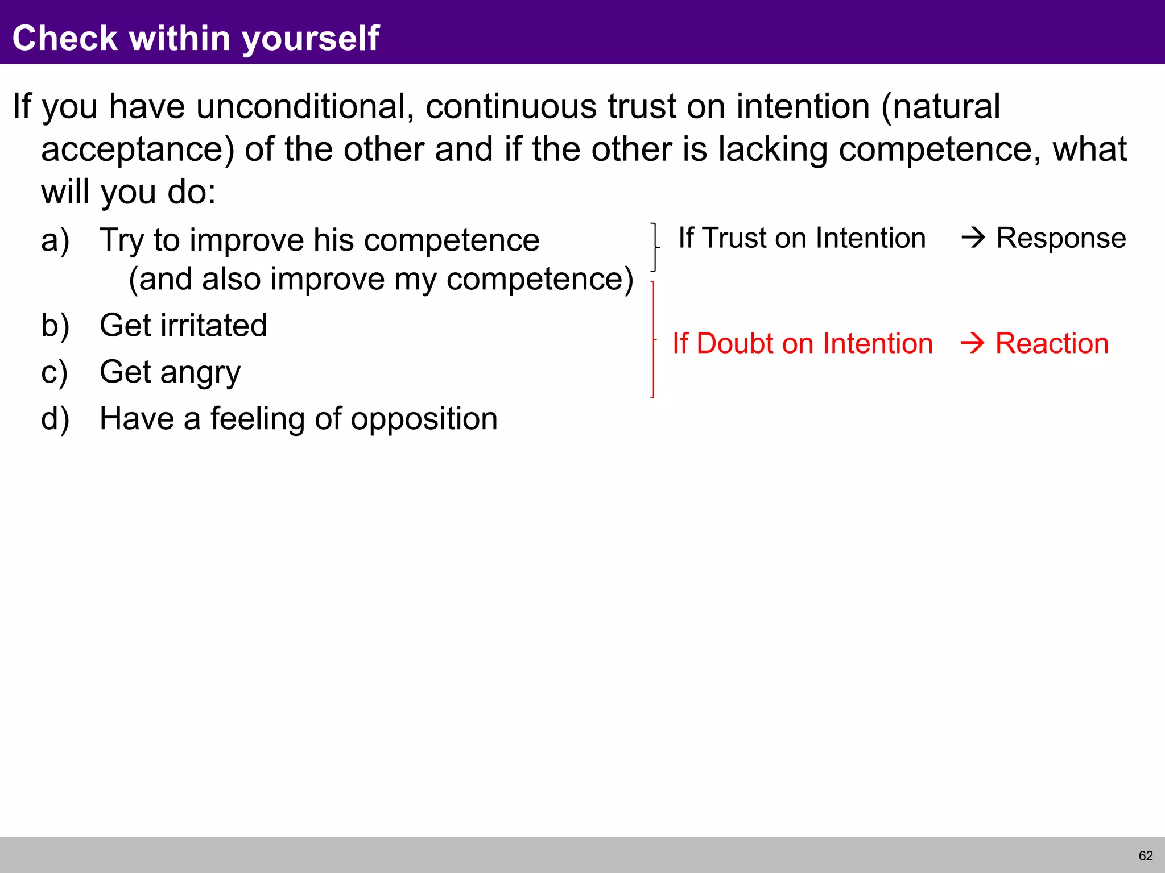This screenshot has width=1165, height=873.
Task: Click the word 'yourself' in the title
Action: [311, 39]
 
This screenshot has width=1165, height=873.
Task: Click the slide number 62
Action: [1146, 856]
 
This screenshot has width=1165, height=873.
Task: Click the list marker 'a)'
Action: [55, 240]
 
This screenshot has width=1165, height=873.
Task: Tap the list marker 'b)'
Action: [55, 326]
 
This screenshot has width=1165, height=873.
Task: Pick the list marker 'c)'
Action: [55, 372]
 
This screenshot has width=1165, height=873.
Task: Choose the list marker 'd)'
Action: [55, 419]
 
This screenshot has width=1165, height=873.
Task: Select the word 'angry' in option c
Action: [200, 373]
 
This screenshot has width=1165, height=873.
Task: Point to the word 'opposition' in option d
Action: [424, 419]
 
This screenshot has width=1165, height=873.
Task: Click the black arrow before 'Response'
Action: [973, 238]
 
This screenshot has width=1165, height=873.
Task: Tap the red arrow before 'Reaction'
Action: [972, 343]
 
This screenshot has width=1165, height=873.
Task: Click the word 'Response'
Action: [1061, 238]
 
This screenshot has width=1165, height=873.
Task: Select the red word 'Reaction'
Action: [1052, 343]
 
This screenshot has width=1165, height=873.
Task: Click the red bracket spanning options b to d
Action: [653, 339]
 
